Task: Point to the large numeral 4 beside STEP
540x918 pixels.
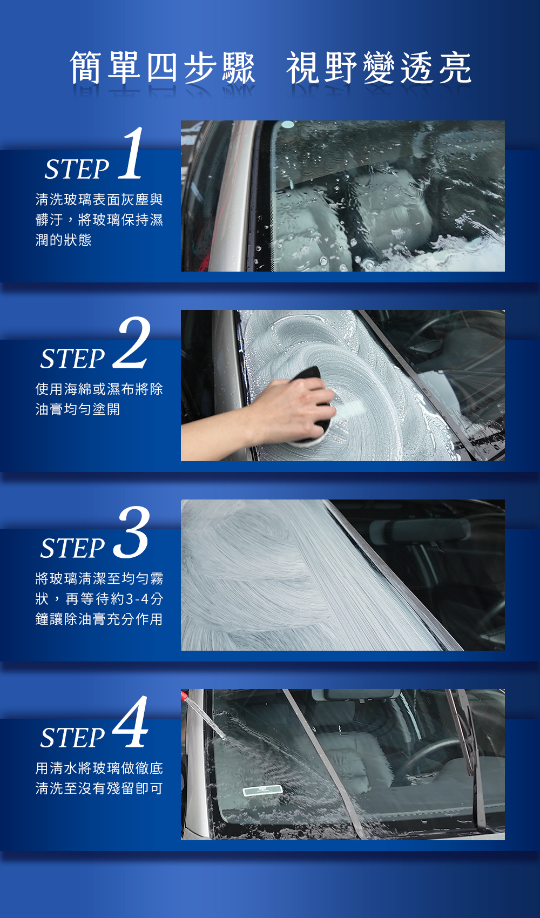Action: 130,721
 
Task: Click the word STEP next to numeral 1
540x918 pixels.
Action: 77,169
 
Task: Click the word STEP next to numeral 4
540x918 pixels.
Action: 72,738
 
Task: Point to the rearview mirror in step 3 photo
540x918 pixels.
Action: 420,531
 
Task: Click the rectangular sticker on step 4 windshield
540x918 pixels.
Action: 262,790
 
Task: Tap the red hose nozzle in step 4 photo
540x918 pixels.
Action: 184,694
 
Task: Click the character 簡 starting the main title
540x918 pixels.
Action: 86,67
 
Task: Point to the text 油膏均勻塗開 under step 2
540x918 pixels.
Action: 77,409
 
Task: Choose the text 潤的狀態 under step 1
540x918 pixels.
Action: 64,240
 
